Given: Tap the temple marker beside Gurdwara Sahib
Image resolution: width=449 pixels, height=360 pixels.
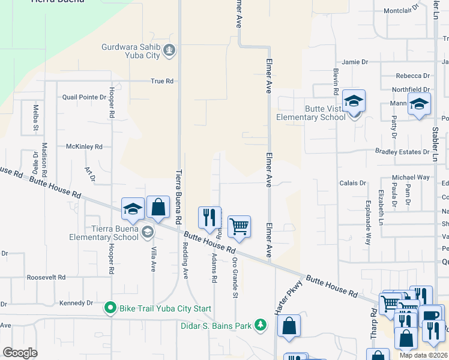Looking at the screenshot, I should [170, 50].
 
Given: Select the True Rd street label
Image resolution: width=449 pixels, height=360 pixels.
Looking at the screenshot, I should [161, 81].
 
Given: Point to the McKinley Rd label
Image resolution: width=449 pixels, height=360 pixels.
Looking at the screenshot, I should [84, 146].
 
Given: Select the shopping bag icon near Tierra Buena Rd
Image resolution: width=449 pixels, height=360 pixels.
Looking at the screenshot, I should [158, 208].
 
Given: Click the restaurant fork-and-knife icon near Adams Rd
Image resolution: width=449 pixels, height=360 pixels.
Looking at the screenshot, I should [209, 217].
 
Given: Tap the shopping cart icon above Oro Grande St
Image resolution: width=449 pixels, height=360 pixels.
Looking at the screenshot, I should [239, 226].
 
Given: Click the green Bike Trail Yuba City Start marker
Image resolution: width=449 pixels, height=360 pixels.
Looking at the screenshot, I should [110, 308].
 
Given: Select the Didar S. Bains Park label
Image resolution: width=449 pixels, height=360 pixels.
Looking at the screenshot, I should [217, 326].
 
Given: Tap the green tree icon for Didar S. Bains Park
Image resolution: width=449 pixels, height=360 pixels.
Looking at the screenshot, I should [260, 325].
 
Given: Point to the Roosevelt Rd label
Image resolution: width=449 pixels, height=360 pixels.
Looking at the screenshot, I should [46, 277].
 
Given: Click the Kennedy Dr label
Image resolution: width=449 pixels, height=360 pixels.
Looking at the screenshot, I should [76, 303].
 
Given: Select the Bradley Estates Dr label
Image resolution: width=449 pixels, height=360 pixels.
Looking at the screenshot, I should [399, 152].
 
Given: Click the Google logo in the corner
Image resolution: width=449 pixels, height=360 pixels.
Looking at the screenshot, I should [20, 352].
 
